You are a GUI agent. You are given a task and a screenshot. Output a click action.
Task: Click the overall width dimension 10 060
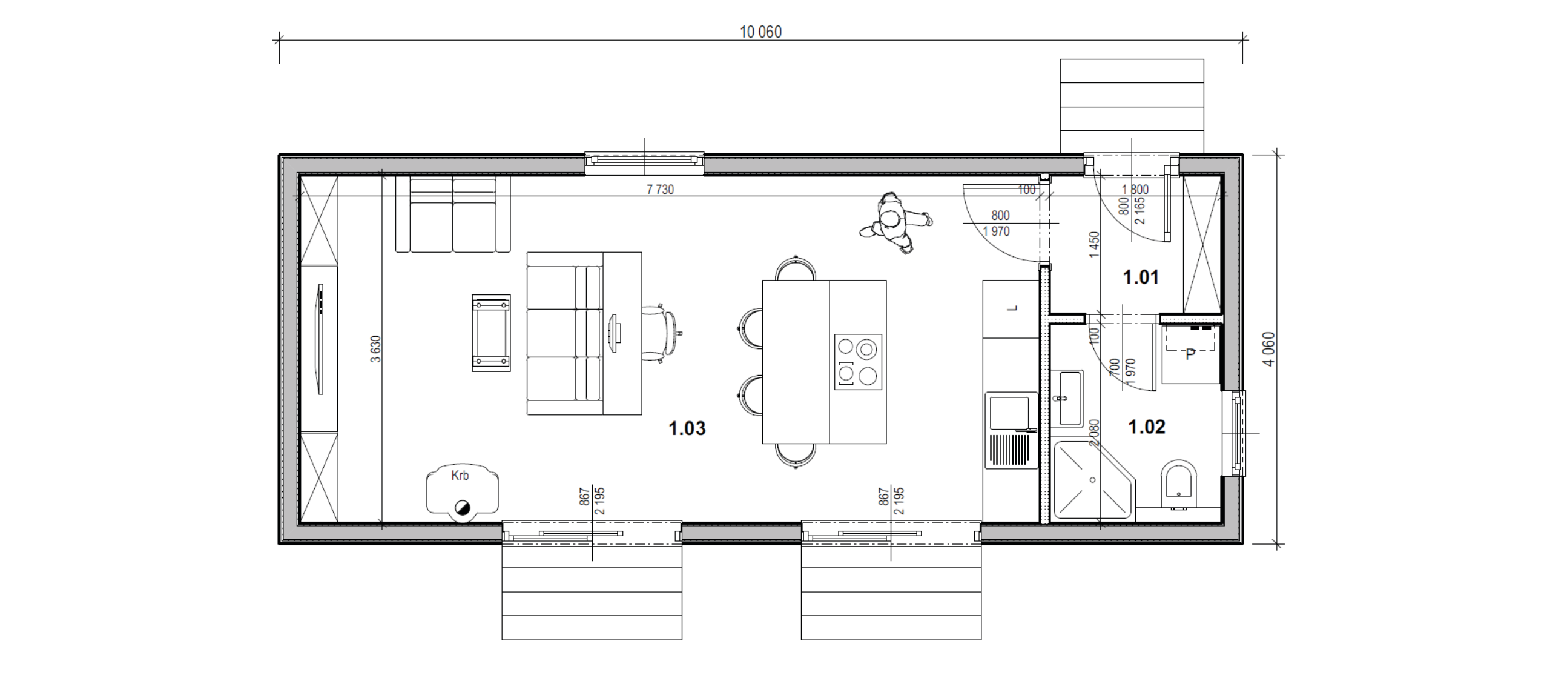pyautogui.click(x=760, y=32)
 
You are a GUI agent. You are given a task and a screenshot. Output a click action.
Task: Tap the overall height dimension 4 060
pyautogui.click(x=1269, y=349)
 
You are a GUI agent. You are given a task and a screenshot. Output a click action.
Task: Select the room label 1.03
pyautogui.click(x=687, y=428)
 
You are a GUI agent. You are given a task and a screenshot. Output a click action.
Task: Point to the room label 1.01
pyautogui.click(x=1141, y=277)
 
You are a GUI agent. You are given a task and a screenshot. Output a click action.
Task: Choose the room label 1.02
pyautogui.click(x=1147, y=427)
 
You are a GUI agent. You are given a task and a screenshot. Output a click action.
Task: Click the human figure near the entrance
pyautogui.click(x=895, y=223)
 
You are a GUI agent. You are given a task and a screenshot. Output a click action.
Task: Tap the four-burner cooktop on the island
pyautogui.click(x=859, y=362)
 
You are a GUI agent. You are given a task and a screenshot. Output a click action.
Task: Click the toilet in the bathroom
pyautogui.click(x=1179, y=485)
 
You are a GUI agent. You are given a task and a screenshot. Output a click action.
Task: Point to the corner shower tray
pyautogui.click(x=1093, y=480)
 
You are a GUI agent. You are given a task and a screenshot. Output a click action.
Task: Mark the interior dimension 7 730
pyautogui.click(x=660, y=190)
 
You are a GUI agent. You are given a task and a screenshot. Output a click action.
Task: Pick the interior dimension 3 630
pyautogui.click(x=375, y=349)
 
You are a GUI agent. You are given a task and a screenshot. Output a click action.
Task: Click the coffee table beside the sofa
pyautogui.click(x=491, y=333)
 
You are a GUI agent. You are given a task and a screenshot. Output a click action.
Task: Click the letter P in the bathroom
pyautogui.click(x=1190, y=354)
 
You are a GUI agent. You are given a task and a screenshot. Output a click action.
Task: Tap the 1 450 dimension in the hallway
pyautogui.click(x=1093, y=245)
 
